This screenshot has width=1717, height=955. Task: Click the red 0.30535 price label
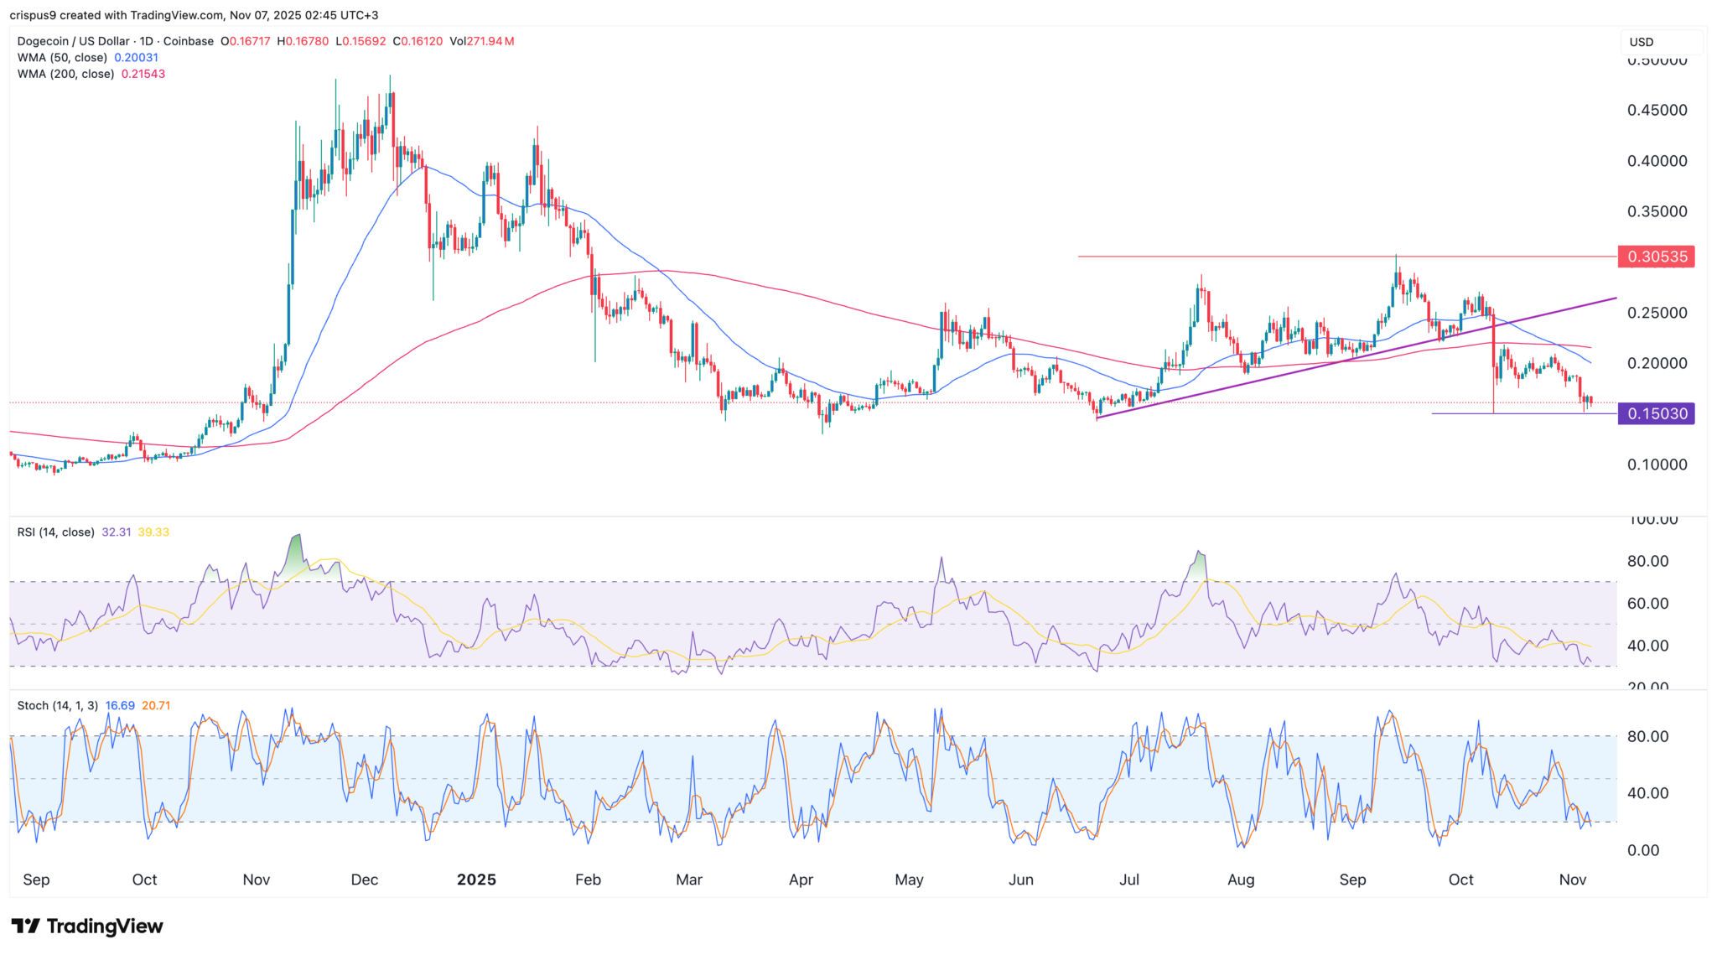point(1656,257)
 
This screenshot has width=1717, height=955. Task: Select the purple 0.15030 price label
point(1656,413)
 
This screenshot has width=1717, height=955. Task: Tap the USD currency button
point(1641,42)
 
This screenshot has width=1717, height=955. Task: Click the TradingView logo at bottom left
point(87,926)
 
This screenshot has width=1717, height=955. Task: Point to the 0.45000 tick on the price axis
point(1657,111)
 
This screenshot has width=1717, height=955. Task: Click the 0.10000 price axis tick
point(1657,465)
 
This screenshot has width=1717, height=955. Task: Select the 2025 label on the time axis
point(476,880)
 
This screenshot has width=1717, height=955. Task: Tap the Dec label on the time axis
point(365,880)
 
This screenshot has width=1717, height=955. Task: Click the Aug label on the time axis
point(1241,880)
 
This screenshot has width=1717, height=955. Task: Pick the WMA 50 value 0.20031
point(136,58)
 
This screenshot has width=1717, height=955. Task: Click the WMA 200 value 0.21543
point(143,74)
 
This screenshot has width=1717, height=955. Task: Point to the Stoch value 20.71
point(156,706)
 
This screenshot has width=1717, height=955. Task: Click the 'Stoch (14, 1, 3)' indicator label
point(56,706)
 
